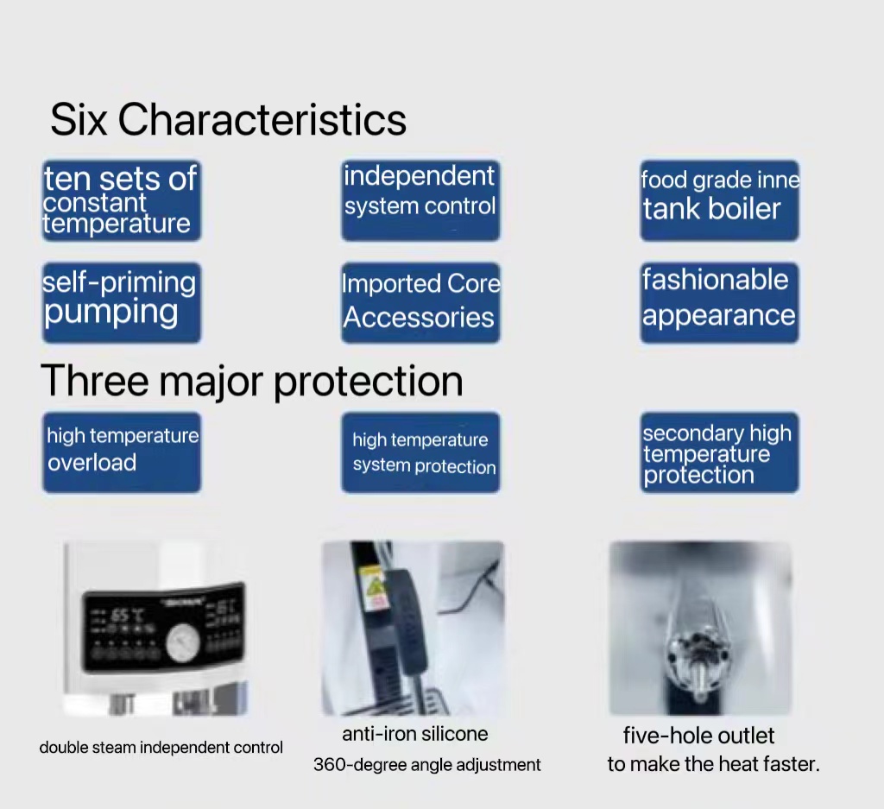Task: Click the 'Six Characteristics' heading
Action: (x=228, y=120)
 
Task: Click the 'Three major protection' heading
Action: (x=251, y=381)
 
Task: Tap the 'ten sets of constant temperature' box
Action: (x=121, y=200)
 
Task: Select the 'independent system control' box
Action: (x=420, y=200)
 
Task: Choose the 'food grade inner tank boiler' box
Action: (x=719, y=200)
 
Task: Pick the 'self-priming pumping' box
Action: (x=121, y=303)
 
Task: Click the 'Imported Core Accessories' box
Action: (x=420, y=303)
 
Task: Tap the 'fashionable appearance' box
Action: (x=719, y=303)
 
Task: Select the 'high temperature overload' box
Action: (x=121, y=452)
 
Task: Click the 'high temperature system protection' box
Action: (x=420, y=452)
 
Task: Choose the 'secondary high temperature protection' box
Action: (x=719, y=452)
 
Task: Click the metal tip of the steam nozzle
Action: (x=698, y=680)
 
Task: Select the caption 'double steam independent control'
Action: (x=161, y=748)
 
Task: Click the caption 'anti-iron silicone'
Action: (x=415, y=734)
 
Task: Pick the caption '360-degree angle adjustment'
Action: (x=426, y=765)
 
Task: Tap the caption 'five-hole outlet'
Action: (x=698, y=736)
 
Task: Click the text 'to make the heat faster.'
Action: (x=713, y=764)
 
